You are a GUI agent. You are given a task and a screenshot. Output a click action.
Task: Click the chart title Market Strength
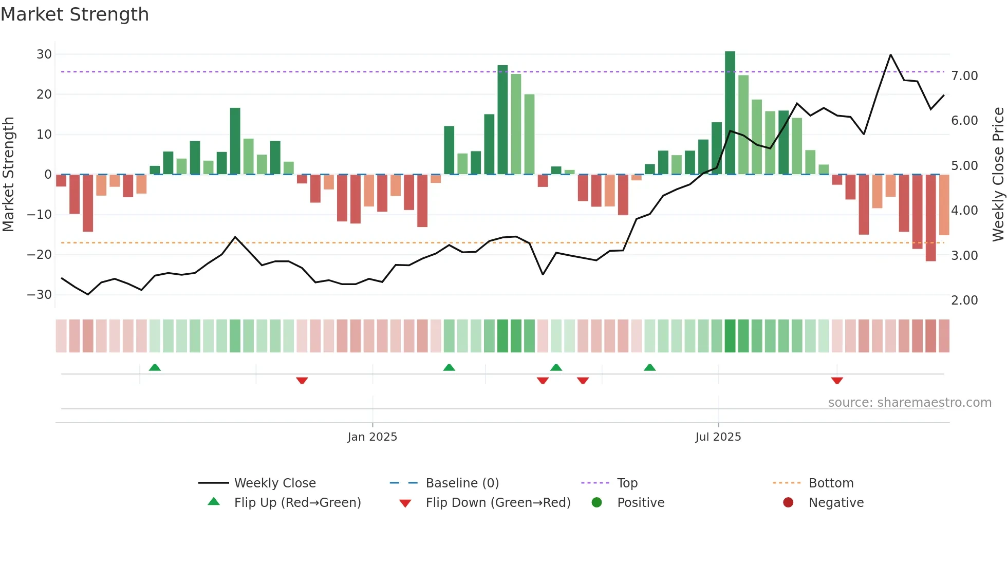click(x=74, y=14)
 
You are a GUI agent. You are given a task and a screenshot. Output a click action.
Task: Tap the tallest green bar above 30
click(x=730, y=113)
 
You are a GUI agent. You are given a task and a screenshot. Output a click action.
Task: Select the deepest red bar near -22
click(x=930, y=218)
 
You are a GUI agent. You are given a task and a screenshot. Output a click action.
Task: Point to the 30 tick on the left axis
click(x=44, y=54)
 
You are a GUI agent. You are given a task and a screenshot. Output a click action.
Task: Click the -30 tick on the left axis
click(x=40, y=295)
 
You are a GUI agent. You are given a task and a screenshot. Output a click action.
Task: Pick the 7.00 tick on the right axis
click(x=964, y=76)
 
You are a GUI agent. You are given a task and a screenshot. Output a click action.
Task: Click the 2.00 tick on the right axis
click(x=964, y=300)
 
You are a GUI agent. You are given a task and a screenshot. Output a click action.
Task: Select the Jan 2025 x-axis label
click(x=372, y=437)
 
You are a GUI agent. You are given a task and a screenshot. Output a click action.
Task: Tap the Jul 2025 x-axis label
click(x=718, y=437)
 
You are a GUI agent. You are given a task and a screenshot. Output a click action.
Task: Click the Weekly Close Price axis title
click(x=998, y=174)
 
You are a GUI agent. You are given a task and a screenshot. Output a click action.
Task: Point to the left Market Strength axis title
click(x=8, y=174)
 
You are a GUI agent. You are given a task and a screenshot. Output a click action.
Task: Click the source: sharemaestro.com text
click(x=909, y=403)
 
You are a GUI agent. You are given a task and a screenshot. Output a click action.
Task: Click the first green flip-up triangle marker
click(x=155, y=367)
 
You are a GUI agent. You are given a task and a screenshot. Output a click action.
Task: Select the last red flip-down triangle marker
click(x=837, y=381)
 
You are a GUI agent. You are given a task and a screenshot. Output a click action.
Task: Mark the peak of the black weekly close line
click(x=890, y=54)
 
